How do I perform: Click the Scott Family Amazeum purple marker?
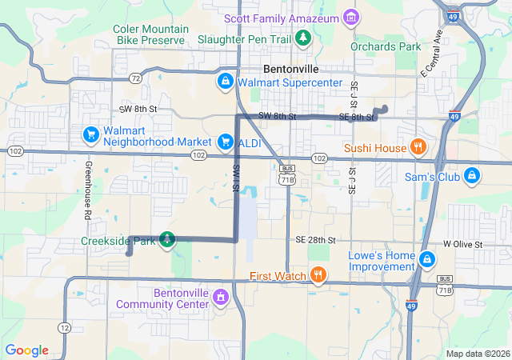(350, 17)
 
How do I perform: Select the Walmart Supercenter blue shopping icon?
(226, 82)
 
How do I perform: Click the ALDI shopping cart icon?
(226, 142)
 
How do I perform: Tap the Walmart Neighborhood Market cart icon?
(91, 134)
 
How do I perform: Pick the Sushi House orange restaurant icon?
(417, 147)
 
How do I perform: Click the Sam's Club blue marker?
(472, 175)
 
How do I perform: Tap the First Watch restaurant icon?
(318, 276)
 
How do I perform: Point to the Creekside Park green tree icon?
(166, 239)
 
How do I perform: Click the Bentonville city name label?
(291, 68)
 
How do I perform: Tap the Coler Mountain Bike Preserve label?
(151, 34)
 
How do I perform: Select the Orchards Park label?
(386, 47)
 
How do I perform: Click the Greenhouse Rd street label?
(86, 192)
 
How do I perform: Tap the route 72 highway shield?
(136, 78)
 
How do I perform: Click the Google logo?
(27, 350)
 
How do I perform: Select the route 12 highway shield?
(64, 327)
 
